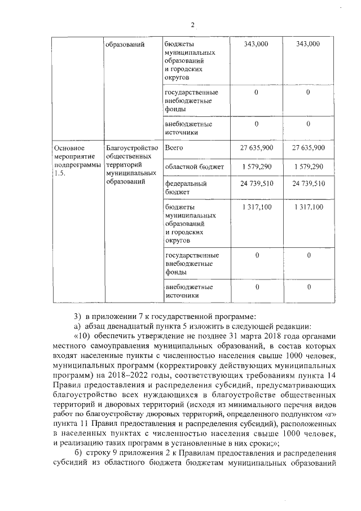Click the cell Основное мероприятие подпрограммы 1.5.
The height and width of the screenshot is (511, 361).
click(x=74, y=160)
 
